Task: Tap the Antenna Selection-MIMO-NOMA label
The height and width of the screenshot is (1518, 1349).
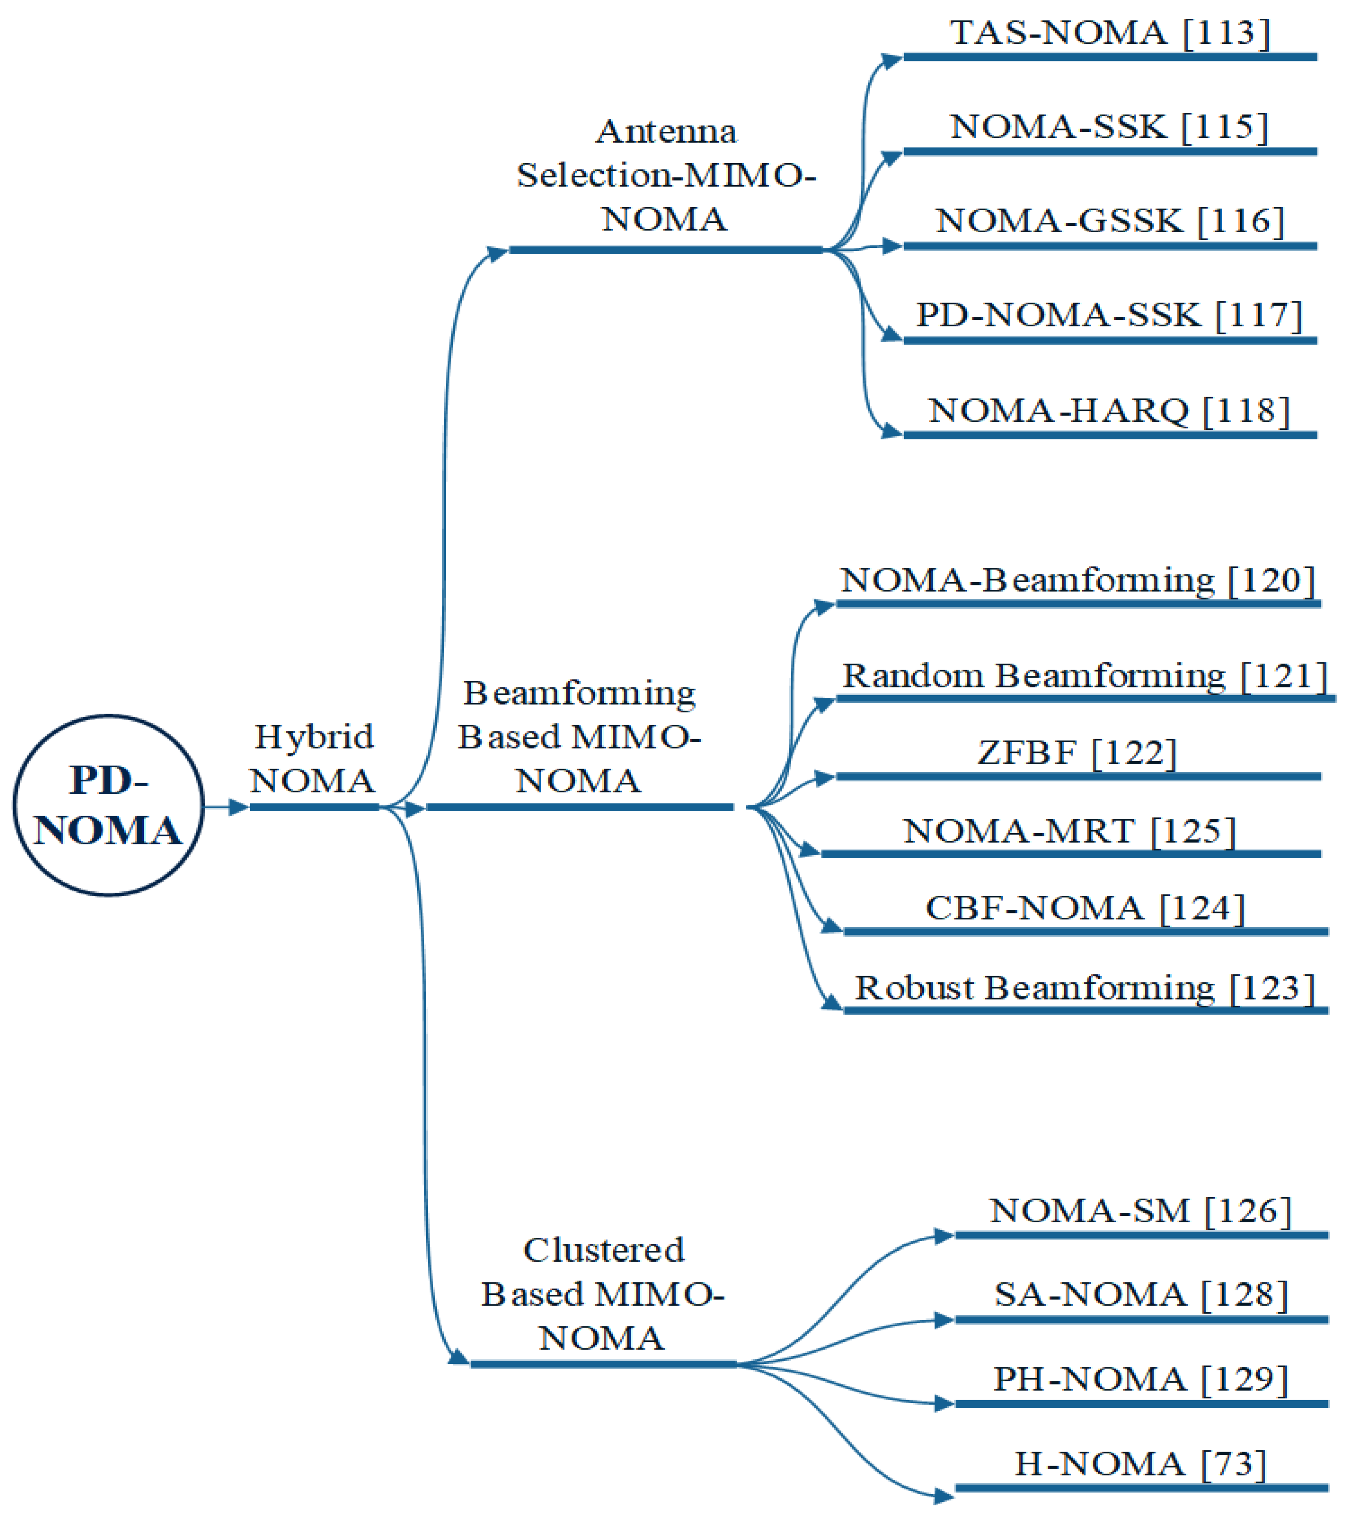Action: coord(666,175)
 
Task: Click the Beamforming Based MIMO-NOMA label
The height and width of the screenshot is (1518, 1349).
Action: coord(579,737)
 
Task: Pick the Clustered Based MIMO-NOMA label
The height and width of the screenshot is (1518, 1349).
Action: coord(602,1294)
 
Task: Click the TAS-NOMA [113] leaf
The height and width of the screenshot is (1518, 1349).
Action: coord(1110,33)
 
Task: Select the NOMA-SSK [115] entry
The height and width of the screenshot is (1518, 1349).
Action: coord(1109,127)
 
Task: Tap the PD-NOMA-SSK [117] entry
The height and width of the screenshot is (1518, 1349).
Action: coord(1109,316)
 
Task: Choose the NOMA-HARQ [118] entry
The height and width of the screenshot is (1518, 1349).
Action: coord(1109,411)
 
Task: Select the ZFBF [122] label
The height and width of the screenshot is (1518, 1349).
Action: coord(1077,753)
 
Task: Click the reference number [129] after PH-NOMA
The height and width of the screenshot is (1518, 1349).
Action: coord(1244,1379)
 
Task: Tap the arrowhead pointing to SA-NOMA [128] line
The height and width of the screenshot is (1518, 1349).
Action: coord(944,1320)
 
